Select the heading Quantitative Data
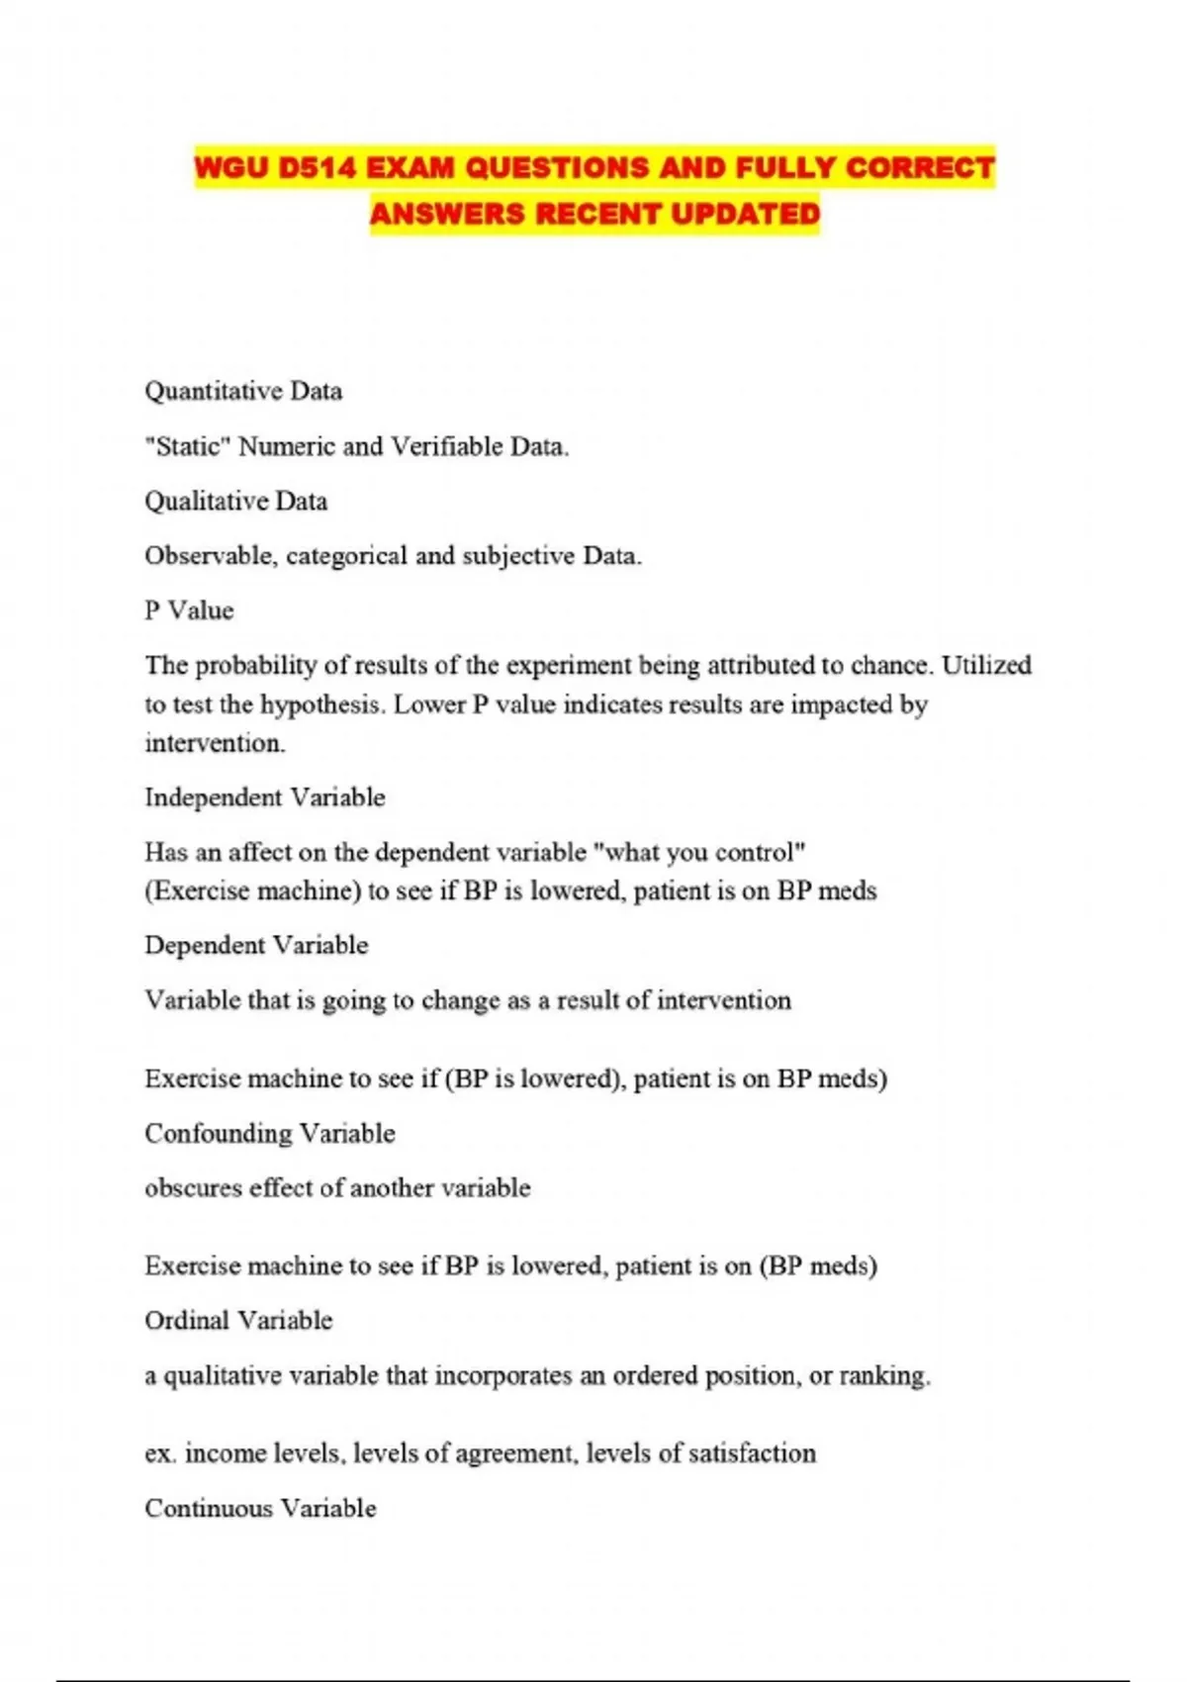coord(243,391)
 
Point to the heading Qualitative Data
coord(235,501)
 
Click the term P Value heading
coord(189,610)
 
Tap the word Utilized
coord(986,665)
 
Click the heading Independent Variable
coord(264,797)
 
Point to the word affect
coord(260,852)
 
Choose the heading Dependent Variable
coord(255,945)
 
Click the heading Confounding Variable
coord(269,1133)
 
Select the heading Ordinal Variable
coord(237,1320)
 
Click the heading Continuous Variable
coord(260,1508)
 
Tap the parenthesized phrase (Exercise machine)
coord(253,890)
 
